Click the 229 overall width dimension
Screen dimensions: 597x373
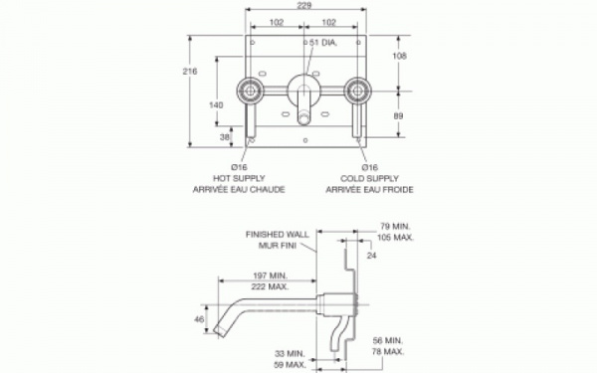point(303,5)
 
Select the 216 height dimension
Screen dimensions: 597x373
point(190,72)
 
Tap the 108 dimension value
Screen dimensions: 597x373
point(399,56)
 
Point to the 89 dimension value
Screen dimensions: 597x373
point(398,115)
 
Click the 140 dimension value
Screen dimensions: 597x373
point(216,105)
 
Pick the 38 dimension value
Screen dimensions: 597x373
point(225,136)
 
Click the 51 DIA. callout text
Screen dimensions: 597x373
point(323,43)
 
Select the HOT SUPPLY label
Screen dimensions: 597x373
point(239,178)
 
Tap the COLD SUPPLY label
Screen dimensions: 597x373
point(369,178)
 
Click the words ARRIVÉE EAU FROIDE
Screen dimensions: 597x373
point(369,189)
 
